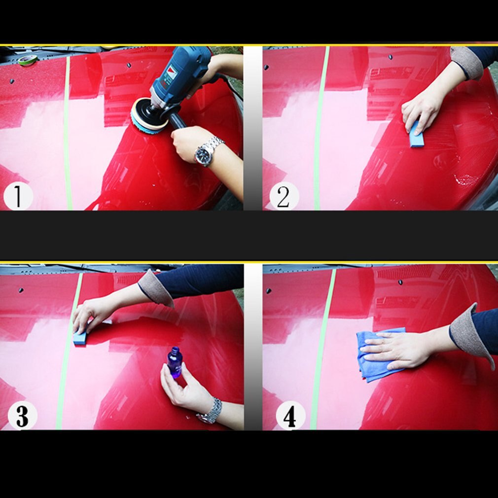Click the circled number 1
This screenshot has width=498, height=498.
(x=18, y=196)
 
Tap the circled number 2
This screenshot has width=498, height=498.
(x=284, y=196)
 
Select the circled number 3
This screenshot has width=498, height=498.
(x=22, y=416)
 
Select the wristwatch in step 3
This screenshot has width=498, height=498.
(x=211, y=412)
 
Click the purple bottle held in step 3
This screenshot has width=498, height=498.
(x=175, y=362)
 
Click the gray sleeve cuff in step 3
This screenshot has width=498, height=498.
(x=154, y=288)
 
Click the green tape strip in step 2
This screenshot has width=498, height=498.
(x=320, y=128)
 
